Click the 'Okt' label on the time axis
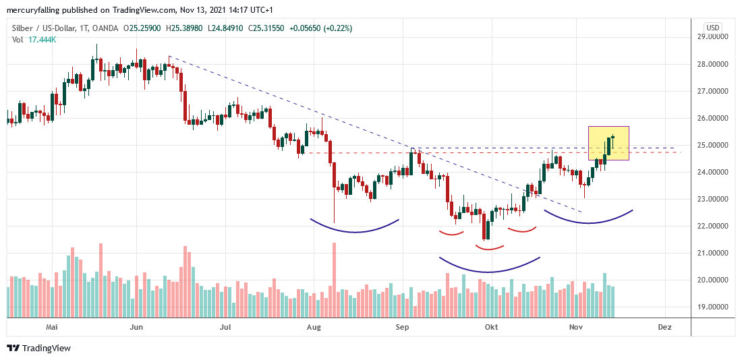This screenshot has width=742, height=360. [x=491, y=327]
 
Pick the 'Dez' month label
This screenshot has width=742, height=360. [x=664, y=327]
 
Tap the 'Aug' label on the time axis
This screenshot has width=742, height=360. [x=313, y=327]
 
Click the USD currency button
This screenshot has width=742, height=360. [x=713, y=28]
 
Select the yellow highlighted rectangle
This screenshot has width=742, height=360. [x=608, y=143]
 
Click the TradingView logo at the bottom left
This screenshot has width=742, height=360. [x=38, y=349]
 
